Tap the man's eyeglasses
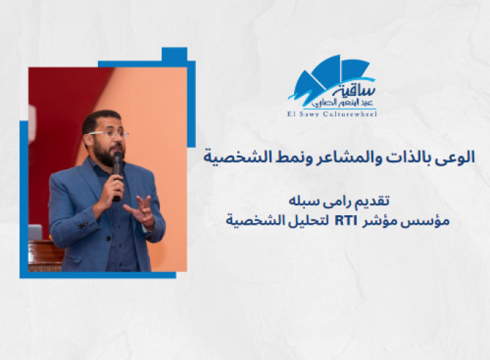(108, 134)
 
